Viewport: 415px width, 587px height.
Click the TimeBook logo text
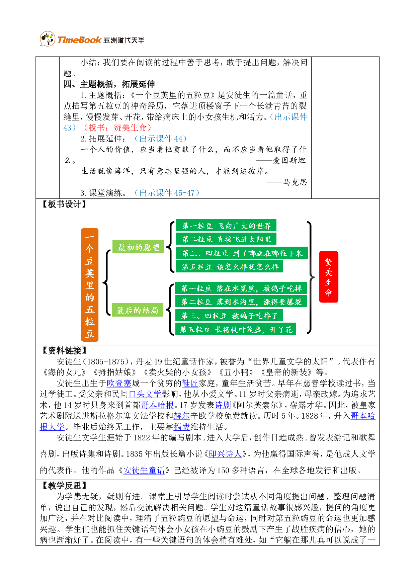79,40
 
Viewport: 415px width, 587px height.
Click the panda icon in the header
48,39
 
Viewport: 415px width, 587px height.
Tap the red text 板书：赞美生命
117,128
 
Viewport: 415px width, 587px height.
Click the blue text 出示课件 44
161,139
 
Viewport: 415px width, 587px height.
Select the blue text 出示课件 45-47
167,193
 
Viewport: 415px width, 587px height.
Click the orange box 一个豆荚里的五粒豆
90,285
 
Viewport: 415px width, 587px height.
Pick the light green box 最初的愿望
138,247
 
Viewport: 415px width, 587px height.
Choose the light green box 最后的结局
137,310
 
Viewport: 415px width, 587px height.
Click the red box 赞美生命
328,277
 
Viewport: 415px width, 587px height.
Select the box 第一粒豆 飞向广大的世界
226,226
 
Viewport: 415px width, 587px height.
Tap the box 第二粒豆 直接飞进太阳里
226,239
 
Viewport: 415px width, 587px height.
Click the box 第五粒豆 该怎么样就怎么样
230,267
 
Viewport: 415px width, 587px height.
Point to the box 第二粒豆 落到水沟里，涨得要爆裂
241,302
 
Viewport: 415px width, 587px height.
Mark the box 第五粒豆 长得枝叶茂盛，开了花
236,330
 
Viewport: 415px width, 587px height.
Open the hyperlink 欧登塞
119,383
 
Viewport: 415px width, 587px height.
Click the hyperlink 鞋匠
190,383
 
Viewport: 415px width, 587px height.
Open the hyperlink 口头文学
145,394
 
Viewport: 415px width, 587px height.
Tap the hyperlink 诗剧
223,405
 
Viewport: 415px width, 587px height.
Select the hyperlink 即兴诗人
225,454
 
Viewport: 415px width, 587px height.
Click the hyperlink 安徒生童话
144,471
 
